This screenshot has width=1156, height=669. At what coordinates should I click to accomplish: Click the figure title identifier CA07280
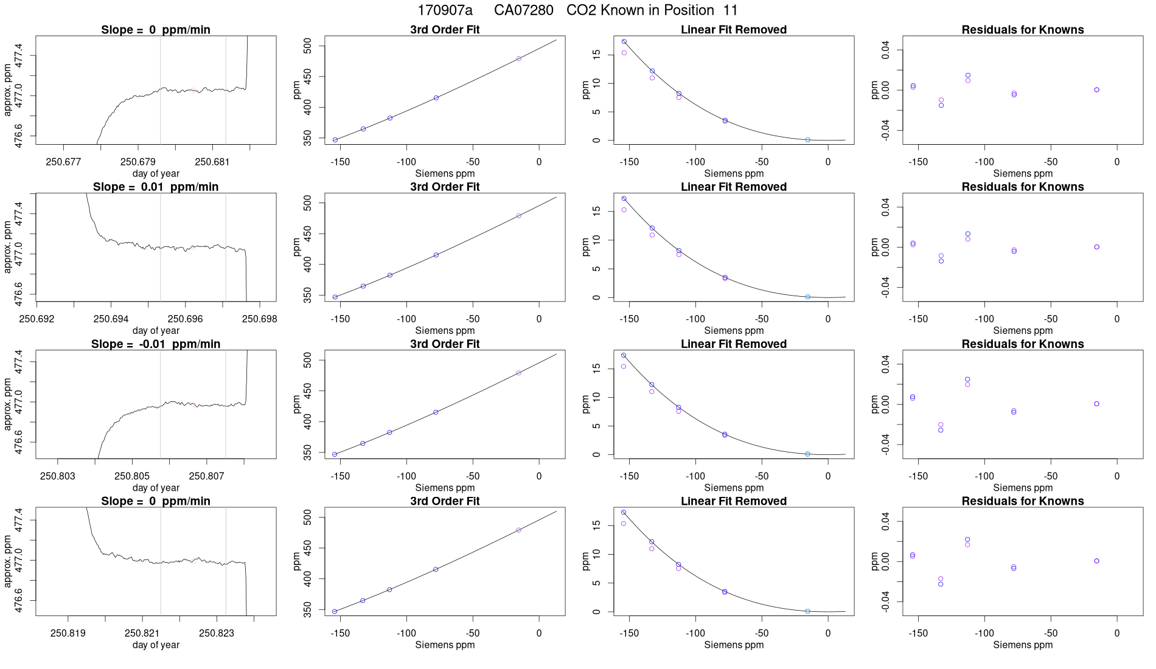pyautogui.click(x=523, y=10)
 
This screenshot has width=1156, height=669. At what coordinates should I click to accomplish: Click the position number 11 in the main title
pyautogui.click(x=730, y=10)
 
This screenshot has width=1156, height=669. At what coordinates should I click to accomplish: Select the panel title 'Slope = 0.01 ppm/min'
pyautogui.click(x=156, y=187)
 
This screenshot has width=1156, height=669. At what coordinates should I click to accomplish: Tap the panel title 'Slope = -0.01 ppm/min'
pyautogui.click(x=156, y=344)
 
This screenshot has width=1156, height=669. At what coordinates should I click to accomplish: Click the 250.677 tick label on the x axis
pyautogui.click(x=63, y=162)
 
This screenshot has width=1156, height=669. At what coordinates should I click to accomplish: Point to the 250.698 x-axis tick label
pyautogui.click(x=259, y=319)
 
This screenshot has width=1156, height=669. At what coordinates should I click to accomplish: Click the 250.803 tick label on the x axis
pyautogui.click(x=58, y=476)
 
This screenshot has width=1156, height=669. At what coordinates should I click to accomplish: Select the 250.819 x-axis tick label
pyautogui.click(x=68, y=633)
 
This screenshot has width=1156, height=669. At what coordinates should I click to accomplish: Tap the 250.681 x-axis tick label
pyautogui.click(x=212, y=162)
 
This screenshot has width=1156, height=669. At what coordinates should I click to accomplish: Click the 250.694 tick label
pyautogui.click(x=111, y=319)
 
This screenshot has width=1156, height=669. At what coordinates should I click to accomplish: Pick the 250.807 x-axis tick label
pyautogui.click(x=206, y=476)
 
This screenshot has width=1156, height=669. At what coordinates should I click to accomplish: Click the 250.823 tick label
pyautogui.click(x=217, y=633)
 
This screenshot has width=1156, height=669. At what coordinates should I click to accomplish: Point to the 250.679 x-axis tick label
pyautogui.click(x=138, y=162)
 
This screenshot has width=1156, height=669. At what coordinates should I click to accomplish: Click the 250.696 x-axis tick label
pyautogui.click(x=186, y=319)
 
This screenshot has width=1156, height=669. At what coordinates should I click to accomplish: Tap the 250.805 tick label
pyautogui.click(x=132, y=476)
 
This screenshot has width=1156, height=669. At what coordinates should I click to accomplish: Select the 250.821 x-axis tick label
pyautogui.click(x=142, y=633)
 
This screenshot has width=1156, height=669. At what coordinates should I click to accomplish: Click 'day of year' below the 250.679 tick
pyautogui.click(x=156, y=173)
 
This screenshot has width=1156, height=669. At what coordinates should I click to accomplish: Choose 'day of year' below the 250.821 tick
pyautogui.click(x=156, y=645)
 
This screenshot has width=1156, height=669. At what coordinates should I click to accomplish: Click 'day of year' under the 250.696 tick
pyautogui.click(x=156, y=330)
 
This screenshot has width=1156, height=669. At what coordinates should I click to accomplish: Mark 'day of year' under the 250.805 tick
pyautogui.click(x=156, y=487)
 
